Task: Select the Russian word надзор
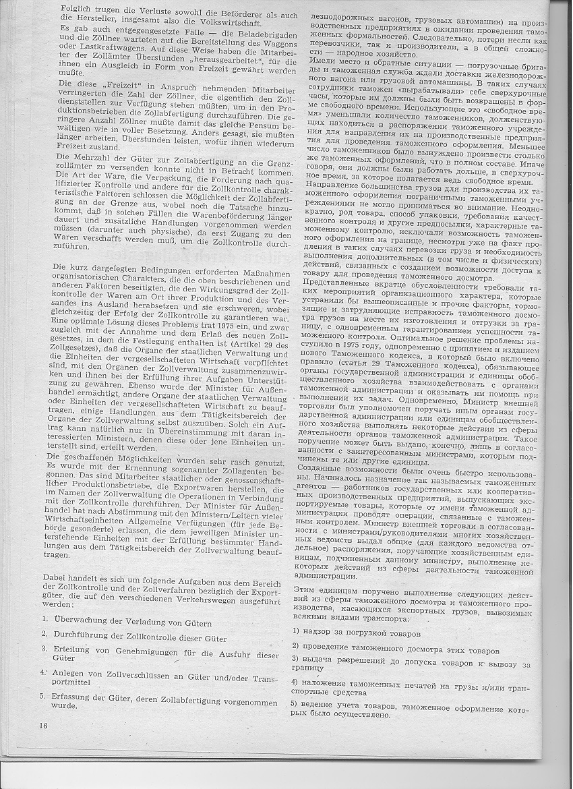click(320, 634)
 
